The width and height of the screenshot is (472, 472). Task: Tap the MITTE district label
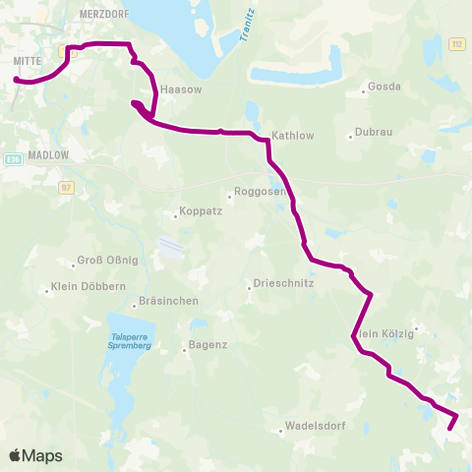pyautogui.click(x=27, y=61)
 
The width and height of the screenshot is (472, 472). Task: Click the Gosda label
pyautogui.click(x=383, y=87)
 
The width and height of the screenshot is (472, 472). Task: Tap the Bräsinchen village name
pyautogui.click(x=168, y=301)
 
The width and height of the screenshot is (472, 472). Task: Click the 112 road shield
pyautogui.click(x=456, y=43)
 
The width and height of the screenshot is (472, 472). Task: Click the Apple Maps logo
pyautogui.click(x=35, y=456)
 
